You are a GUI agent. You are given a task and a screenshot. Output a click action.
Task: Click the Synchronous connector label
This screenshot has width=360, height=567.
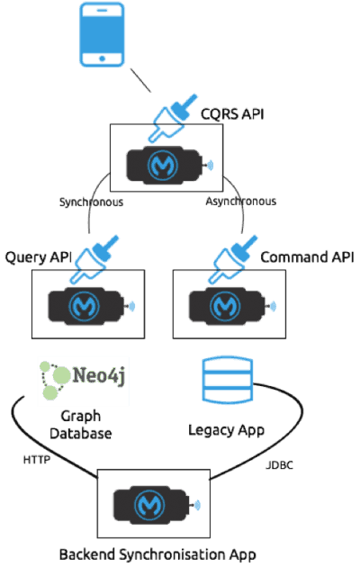pyautogui.click(x=90, y=202)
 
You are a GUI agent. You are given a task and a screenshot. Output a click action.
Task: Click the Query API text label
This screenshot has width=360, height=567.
pyautogui.click(x=39, y=257)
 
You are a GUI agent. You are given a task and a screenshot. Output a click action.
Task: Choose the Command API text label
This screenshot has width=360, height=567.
pyautogui.click(x=308, y=257)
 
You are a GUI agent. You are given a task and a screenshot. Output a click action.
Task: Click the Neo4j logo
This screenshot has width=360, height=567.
pyautogui.click(x=82, y=381)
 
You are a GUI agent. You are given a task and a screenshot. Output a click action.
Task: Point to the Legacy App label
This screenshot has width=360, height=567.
pyautogui.click(x=226, y=429)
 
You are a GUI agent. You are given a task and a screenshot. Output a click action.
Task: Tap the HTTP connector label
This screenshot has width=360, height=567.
pyautogui.click(x=37, y=459)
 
